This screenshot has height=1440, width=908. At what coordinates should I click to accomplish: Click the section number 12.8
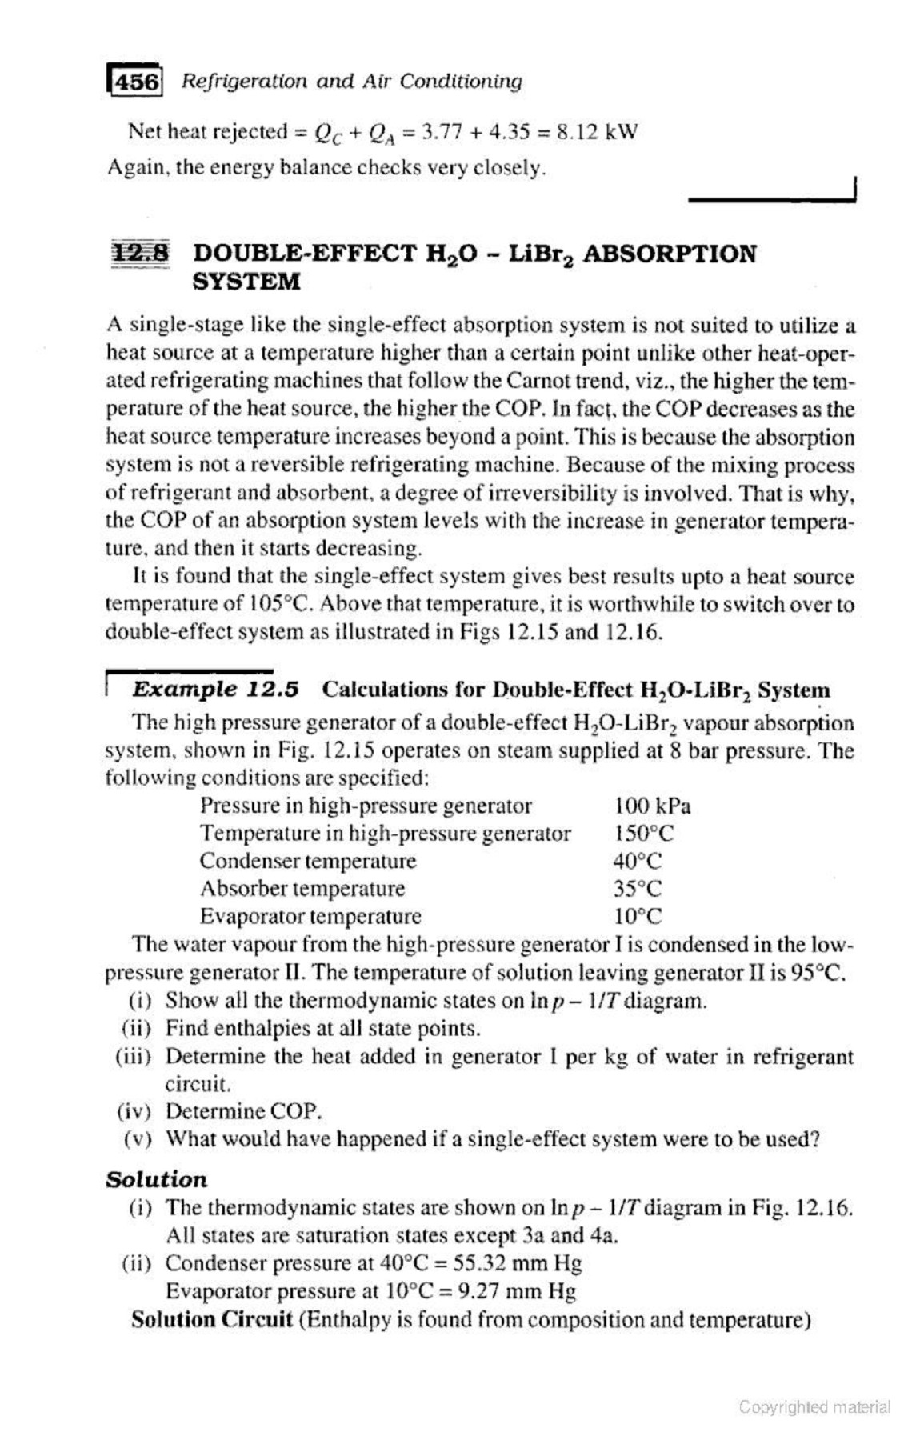pyautogui.click(x=142, y=253)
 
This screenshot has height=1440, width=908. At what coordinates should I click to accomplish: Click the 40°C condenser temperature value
pyautogui.click(x=638, y=862)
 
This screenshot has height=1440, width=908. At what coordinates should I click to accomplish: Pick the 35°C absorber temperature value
pyautogui.click(x=638, y=889)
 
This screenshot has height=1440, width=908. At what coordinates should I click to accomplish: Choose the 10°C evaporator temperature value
pyautogui.click(x=638, y=916)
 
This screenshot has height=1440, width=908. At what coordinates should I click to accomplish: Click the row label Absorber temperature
pyautogui.click(x=302, y=889)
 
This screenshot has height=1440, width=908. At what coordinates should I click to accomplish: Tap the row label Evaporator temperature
pyautogui.click(x=310, y=916)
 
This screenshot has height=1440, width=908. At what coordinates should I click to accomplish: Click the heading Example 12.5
pyautogui.click(x=215, y=690)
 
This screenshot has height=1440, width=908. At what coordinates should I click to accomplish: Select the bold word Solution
pyautogui.click(x=156, y=1180)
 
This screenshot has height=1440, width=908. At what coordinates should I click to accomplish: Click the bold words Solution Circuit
pyautogui.click(x=211, y=1319)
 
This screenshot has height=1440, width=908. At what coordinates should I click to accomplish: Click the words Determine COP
pyautogui.click(x=243, y=1111)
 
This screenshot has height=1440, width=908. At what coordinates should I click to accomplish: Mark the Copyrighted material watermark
pyautogui.click(x=814, y=1406)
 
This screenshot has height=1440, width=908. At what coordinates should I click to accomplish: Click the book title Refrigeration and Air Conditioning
pyautogui.click(x=351, y=82)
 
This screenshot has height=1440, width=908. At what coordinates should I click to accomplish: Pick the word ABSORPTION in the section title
pyautogui.click(x=669, y=254)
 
